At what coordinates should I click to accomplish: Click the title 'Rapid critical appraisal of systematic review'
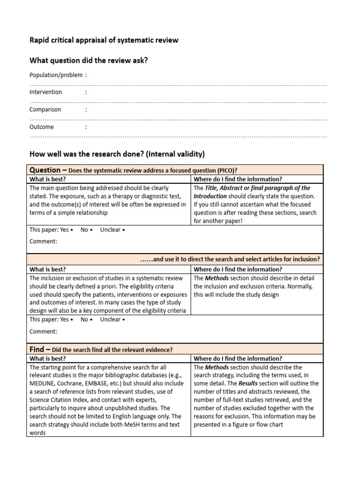(104, 40)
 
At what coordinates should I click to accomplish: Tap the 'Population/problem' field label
(56, 75)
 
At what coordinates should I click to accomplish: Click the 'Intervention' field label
(45, 92)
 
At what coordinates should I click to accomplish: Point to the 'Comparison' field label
(45, 110)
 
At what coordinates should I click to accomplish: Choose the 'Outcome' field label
(41, 127)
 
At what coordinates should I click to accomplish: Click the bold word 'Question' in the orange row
(45, 170)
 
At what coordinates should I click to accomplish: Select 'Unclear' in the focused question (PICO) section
(110, 230)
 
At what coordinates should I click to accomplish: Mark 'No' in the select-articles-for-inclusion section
(84, 320)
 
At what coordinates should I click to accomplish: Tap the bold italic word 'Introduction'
(213, 196)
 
